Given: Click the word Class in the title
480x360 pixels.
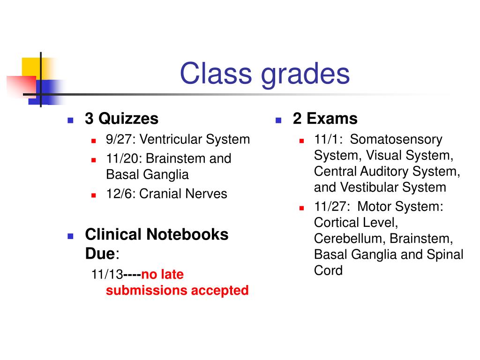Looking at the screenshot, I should (210, 74).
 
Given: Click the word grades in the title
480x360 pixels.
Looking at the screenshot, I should (299, 74).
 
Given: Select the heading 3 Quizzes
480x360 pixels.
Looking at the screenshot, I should (121, 119).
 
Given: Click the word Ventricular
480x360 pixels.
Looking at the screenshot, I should (170, 140).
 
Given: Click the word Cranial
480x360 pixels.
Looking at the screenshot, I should (161, 194).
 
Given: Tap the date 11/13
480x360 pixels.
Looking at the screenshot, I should (107, 275).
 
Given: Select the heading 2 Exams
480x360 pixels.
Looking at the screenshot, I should (325, 119).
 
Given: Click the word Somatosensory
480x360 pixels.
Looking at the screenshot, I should (396, 140).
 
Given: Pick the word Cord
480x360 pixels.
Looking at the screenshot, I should (328, 270).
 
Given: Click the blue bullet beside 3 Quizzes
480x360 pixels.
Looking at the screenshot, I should (70, 120).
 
